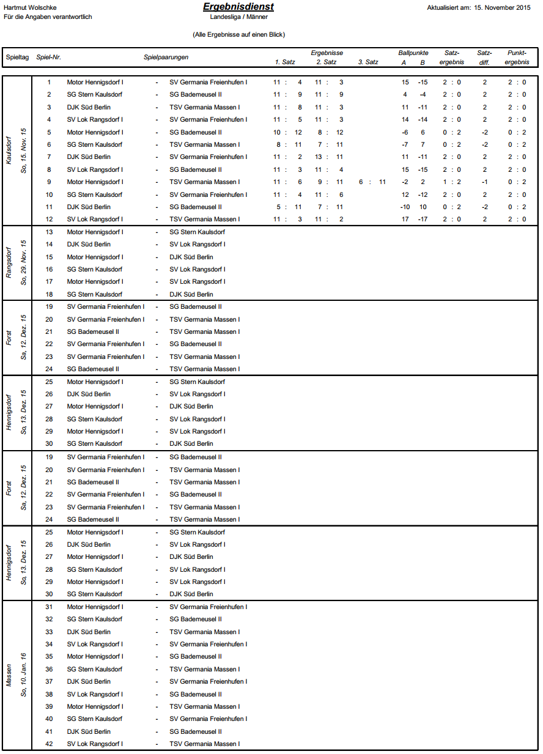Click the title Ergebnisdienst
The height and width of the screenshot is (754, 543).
click(238, 7)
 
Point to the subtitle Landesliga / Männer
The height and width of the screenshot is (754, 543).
click(238, 17)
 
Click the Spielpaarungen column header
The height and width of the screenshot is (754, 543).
click(166, 57)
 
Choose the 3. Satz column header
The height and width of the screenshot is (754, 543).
click(368, 62)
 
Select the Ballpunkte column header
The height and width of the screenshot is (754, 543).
click(413, 53)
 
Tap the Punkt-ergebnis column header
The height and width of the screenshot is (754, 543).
click(517, 57)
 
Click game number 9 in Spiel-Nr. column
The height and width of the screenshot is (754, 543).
click(49, 182)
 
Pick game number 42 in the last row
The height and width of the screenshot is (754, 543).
click(49, 744)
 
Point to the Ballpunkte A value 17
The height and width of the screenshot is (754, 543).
click(405, 219)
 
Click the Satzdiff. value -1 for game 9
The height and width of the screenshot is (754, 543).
click(484, 182)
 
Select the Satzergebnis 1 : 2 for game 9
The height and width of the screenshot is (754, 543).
click(452, 182)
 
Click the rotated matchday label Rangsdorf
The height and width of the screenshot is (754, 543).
click(9, 263)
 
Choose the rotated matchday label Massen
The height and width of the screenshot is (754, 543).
click(9, 675)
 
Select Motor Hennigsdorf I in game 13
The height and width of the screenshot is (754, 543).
click(95, 232)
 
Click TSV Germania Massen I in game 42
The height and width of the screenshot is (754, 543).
click(204, 744)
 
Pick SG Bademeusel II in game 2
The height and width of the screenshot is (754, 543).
click(195, 94)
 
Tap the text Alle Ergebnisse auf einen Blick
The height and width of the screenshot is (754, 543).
click(238, 35)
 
